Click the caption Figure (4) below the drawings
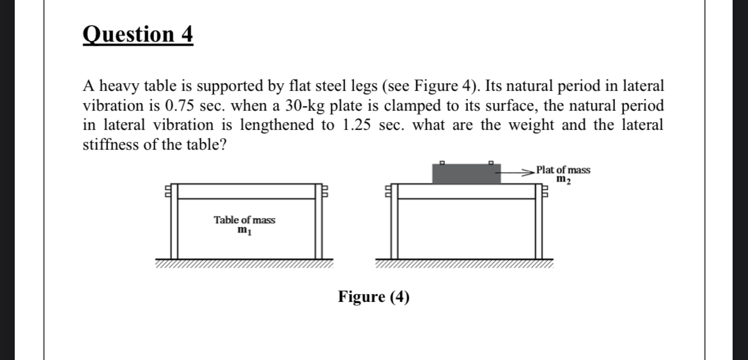[373, 297]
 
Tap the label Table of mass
[244, 220]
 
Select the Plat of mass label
[563, 170]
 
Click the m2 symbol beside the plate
[563, 180]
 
